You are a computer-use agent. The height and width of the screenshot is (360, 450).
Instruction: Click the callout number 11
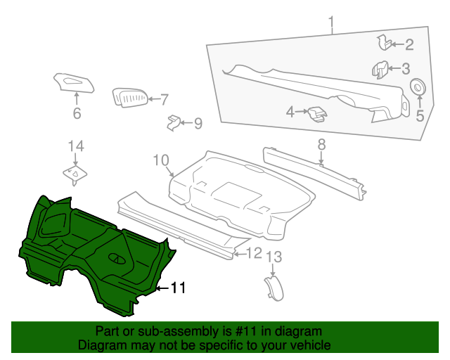tap(178, 288)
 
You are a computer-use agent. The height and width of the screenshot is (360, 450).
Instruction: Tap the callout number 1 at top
tap(331, 22)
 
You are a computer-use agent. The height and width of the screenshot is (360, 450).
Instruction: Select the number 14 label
tap(76, 146)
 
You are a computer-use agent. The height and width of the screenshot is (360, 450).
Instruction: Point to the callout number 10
tap(161, 160)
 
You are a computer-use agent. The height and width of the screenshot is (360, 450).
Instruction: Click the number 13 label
tap(274, 257)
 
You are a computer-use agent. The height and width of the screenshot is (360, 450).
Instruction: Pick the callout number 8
tap(321, 144)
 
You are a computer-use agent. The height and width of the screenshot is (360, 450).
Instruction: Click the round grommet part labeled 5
tap(418, 86)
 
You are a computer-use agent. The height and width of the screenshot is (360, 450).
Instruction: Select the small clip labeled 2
tap(384, 42)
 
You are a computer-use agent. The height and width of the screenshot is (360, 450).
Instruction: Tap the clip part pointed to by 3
tap(380, 70)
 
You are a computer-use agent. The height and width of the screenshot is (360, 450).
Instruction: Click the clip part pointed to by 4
tap(317, 114)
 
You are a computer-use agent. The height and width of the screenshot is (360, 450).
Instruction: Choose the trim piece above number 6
tap(74, 83)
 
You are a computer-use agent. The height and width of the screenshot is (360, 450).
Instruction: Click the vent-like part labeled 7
tap(129, 98)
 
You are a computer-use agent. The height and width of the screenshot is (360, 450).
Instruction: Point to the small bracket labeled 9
tap(173, 123)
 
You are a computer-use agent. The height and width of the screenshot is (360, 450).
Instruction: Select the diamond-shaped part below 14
tap(75, 174)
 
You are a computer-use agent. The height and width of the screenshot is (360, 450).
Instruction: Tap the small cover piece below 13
tap(274, 288)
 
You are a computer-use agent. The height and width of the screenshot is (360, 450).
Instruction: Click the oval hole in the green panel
tap(117, 259)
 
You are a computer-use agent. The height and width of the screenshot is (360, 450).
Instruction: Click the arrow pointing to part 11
tap(163, 288)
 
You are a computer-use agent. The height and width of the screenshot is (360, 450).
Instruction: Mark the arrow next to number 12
tap(240, 254)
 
